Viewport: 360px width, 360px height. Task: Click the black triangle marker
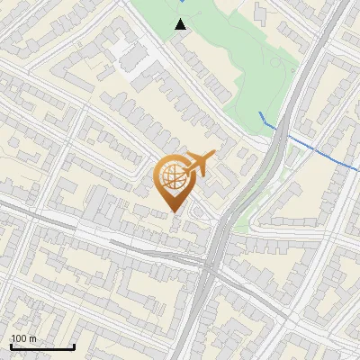[x=181, y=24]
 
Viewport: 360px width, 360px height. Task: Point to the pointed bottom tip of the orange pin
[x=175, y=212]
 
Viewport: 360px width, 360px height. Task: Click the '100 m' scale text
[x=23, y=338]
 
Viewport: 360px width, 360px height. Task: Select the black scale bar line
[x=42, y=347]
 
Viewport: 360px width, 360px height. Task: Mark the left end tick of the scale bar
[x=11, y=346]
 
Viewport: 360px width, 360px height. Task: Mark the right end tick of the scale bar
[x=74, y=346]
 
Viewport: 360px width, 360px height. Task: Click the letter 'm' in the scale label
[x=31, y=338]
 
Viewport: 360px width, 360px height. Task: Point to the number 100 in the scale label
[x=19, y=338]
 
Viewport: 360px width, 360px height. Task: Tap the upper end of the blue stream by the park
[x=260, y=113]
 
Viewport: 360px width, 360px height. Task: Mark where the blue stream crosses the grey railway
[x=279, y=130]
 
